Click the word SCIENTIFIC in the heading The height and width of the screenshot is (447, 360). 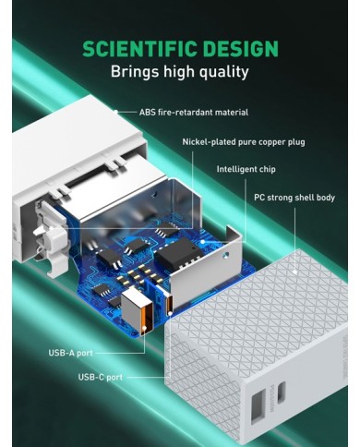[140, 49]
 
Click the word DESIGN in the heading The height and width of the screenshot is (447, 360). [240, 49]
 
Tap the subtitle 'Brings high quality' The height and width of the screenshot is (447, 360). [180, 72]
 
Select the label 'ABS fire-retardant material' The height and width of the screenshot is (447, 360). [194, 112]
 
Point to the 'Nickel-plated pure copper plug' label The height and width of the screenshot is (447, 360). [244, 142]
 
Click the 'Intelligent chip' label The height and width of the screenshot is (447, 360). [246, 169]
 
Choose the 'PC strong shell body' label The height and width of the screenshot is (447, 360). [294, 198]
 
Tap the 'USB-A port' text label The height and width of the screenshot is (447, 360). [70, 353]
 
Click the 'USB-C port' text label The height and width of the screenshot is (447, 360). [101, 377]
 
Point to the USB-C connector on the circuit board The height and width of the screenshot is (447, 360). [169, 304]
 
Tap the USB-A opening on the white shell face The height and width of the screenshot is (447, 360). [258, 406]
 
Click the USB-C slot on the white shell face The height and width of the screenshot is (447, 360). [282, 393]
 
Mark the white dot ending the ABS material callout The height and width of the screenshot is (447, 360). [116, 112]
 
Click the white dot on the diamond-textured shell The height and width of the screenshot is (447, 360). [294, 272]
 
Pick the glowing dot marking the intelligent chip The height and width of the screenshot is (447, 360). [203, 242]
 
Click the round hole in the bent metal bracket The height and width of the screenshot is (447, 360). [226, 255]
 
